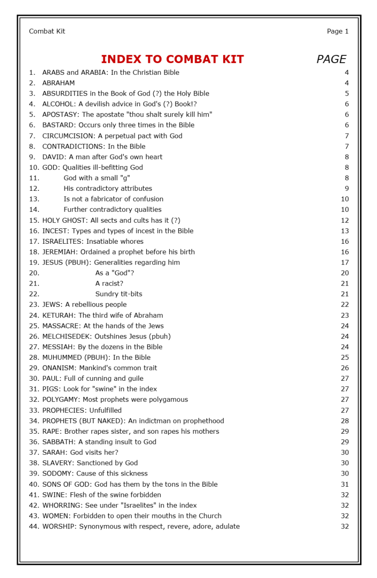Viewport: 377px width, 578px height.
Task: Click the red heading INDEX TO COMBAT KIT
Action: click(x=172, y=59)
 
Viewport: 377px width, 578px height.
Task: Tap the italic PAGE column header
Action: click(x=331, y=59)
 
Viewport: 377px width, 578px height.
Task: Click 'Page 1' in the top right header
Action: click(x=338, y=31)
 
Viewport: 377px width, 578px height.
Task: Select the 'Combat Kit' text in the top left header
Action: click(x=47, y=31)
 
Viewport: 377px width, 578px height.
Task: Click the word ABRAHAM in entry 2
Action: click(x=59, y=83)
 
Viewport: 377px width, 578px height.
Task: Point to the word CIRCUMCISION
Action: click(x=68, y=136)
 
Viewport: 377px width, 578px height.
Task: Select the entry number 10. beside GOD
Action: click(x=34, y=168)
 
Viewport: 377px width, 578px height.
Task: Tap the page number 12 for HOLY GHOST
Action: click(x=345, y=221)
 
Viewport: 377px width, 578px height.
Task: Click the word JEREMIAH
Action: click(x=59, y=252)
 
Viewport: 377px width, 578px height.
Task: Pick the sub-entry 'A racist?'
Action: click(x=109, y=283)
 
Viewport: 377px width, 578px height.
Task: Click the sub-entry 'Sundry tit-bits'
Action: click(x=118, y=294)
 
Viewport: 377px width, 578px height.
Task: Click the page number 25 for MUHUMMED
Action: click(x=345, y=358)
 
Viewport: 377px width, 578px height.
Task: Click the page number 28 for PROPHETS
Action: click(x=345, y=421)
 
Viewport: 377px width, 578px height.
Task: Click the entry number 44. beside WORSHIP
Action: click(x=34, y=526)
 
